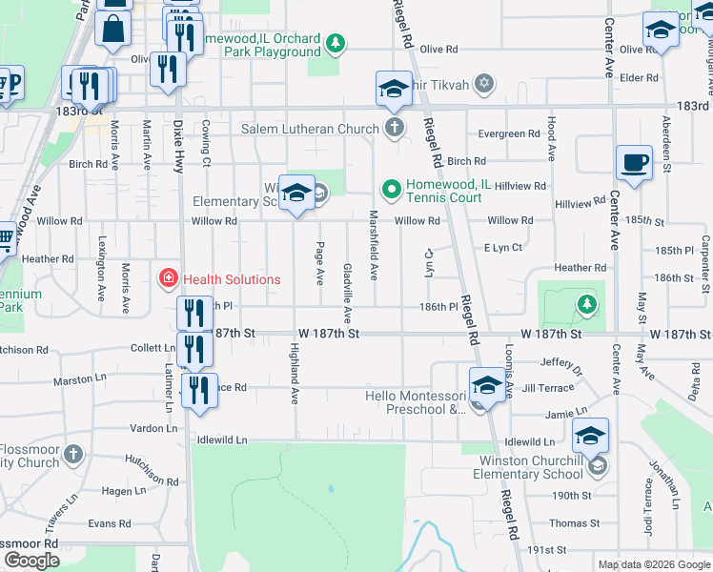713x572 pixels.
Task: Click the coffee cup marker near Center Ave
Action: [634, 163]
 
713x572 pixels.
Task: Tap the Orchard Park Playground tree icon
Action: [335, 43]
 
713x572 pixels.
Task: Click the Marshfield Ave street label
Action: [375, 246]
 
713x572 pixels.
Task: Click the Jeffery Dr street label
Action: [560, 362]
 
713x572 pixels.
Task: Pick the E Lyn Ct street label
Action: [502, 248]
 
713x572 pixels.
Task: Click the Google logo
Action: [31, 561]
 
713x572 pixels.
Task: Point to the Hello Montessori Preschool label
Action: [417, 402]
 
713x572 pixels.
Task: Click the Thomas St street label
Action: [574, 522]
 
